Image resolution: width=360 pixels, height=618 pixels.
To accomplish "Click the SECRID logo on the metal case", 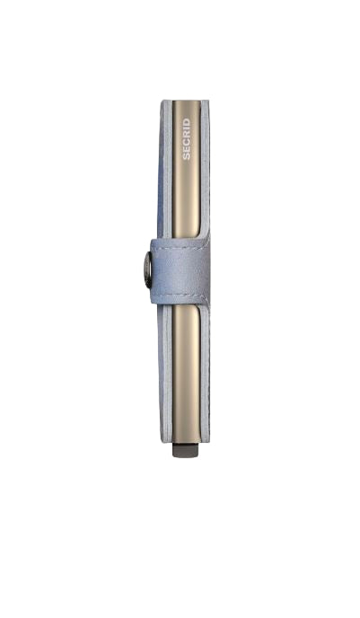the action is pyautogui.click(x=187, y=139).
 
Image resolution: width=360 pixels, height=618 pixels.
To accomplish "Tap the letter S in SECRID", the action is pyautogui.click(x=187, y=156).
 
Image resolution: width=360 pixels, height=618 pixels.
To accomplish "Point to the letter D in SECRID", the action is pyautogui.click(x=187, y=122).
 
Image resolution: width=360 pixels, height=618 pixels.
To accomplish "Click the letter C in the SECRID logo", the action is pyautogui.click(x=187, y=142).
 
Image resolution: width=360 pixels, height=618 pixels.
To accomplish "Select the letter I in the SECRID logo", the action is pyautogui.click(x=187, y=128).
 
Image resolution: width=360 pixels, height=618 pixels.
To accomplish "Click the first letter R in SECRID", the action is pyautogui.click(x=187, y=135).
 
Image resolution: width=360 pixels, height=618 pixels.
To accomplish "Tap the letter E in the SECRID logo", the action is pyautogui.click(x=187, y=149).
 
